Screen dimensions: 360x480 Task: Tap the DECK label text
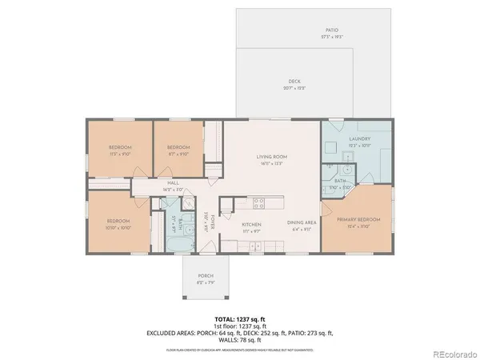point(294,82)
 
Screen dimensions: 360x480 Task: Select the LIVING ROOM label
point(271,157)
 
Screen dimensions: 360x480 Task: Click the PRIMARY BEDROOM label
point(358,219)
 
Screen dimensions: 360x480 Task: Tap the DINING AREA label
point(302,223)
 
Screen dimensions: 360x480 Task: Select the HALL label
point(173,183)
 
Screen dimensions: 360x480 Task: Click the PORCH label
point(206,277)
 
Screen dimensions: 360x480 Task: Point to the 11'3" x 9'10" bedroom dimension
point(119,156)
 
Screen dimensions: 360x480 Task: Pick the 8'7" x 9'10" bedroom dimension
point(177,156)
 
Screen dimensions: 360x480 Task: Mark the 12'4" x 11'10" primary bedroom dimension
point(358,226)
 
